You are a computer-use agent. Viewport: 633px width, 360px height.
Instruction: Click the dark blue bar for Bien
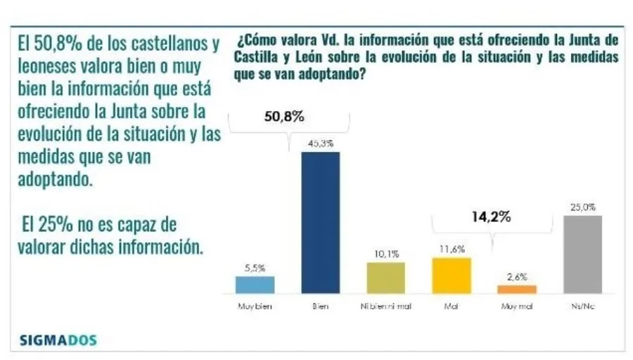320,222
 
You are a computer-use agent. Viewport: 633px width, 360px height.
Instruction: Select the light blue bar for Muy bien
254,284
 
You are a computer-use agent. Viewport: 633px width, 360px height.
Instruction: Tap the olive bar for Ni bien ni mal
385,277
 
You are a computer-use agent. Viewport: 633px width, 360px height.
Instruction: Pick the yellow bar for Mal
451,275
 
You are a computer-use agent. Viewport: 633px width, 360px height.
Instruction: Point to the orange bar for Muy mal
516,289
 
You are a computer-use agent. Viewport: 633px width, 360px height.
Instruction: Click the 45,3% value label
320,143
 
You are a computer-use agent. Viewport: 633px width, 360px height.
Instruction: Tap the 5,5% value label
254,268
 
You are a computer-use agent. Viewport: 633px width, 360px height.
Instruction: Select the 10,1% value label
385,254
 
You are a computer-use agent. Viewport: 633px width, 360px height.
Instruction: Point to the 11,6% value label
451,250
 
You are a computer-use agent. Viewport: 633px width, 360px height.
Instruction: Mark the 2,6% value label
516,277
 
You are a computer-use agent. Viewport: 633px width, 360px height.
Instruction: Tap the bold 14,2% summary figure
490,217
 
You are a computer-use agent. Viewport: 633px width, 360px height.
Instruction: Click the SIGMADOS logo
58,341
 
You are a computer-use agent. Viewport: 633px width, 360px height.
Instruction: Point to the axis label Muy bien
254,307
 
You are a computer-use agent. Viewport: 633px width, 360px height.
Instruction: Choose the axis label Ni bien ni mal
385,307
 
